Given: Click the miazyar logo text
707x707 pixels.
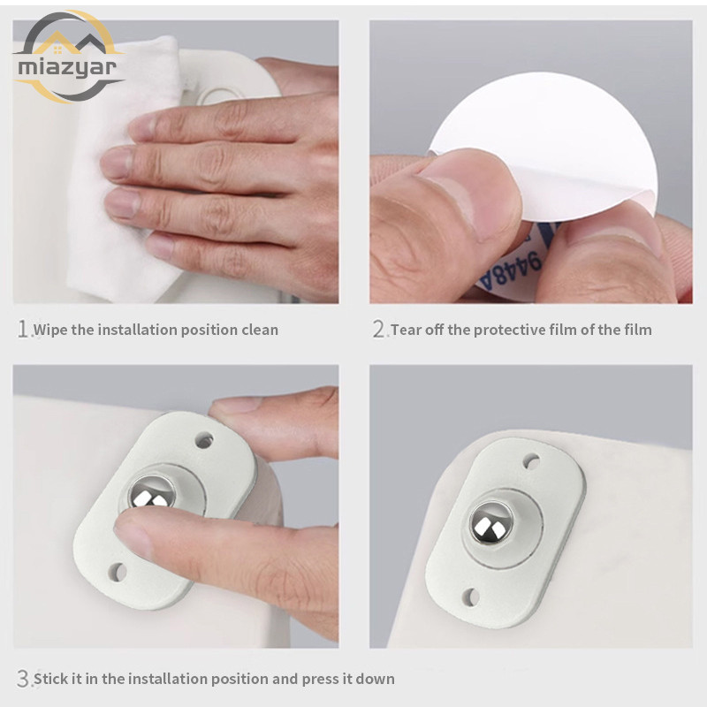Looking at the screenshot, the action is (67, 68).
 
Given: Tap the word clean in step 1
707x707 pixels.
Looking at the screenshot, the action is (260, 330).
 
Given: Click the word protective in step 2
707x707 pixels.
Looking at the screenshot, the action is (510, 330).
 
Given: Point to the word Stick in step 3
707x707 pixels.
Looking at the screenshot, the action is (51, 679).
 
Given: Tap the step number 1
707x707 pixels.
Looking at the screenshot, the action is (23, 329).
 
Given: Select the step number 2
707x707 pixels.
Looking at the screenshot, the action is (379, 329).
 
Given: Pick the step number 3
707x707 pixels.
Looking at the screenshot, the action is (23, 678).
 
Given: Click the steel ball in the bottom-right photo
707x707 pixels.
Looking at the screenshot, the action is (492, 523).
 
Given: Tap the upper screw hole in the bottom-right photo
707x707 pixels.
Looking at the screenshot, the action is (531, 461).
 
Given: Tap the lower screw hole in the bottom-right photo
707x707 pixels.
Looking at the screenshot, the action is (470, 597).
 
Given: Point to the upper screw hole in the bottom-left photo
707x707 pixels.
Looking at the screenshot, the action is (204, 440).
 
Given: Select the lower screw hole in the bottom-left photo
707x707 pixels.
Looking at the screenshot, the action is (118, 572).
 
